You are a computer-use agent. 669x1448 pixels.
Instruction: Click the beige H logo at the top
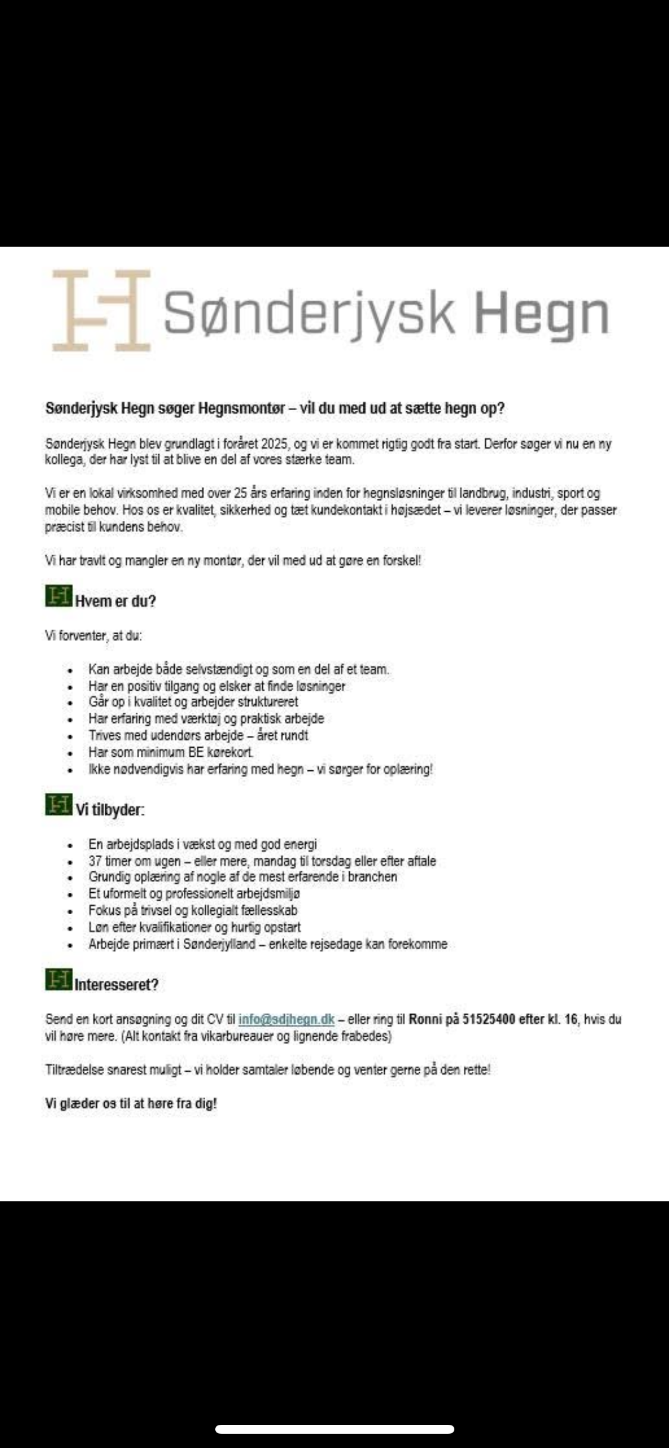click(100, 310)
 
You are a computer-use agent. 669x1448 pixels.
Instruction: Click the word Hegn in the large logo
click(542, 313)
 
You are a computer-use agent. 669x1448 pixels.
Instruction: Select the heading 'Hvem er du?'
click(115, 601)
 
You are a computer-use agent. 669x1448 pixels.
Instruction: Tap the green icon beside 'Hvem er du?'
click(58, 596)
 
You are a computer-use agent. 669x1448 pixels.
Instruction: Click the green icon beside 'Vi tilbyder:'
click(58, 805)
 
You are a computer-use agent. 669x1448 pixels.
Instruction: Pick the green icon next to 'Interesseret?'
click(58, 979)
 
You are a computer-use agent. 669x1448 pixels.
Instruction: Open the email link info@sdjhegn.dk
click(286, 1019)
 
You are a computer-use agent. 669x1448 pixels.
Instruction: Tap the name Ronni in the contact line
click(425, 1019)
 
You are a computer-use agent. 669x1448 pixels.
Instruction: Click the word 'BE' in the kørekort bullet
click(196, 752)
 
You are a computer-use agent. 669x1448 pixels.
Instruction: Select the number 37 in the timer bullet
click(95, 861)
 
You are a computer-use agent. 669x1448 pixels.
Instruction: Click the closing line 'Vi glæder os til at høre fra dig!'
click(131, 1103)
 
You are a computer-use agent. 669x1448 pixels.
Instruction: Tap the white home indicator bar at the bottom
click(335, 1430)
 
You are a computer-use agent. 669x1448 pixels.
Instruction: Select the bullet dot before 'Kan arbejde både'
click(70, 670)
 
